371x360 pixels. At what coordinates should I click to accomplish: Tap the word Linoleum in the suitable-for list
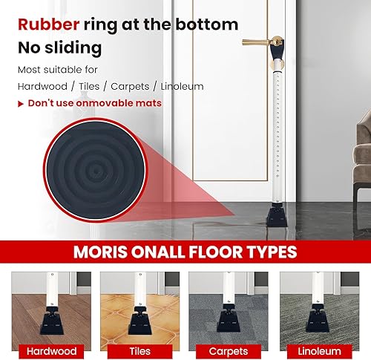tap(178, 86)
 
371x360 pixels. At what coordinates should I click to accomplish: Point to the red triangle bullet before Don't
tap(21, 103)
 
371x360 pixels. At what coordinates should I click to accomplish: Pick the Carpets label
tap(229, 350)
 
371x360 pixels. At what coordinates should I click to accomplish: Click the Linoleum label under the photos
tap(319, 350)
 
